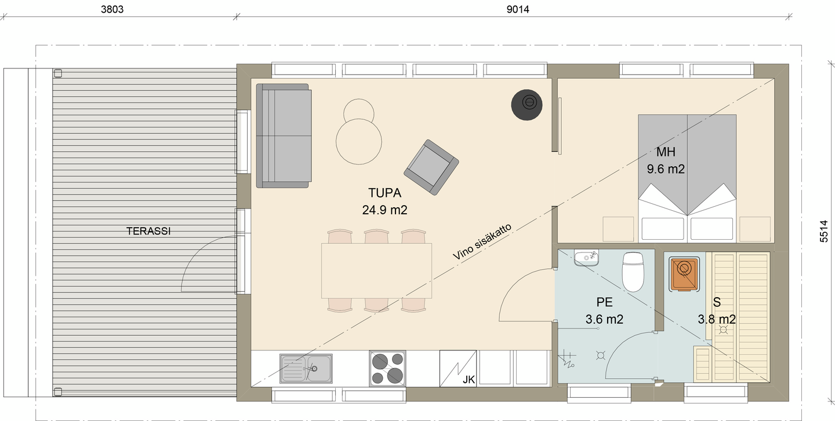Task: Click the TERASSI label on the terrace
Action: [x=148, y=231]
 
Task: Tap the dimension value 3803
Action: [x=112, y=9]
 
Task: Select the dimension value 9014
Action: [x=518, y=9]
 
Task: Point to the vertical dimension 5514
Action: [x=823, y=231]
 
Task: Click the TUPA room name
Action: [x=384, y=193]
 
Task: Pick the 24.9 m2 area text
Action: [x=384, y=210]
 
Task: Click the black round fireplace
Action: [x=527, y=105]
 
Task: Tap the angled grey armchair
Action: [x=431, y=167]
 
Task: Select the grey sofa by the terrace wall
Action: [x=284, y=136]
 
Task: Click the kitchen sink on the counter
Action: [x=306, y=368]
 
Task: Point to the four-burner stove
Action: [x=388, y=368]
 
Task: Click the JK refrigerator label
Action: [x=469, y=379]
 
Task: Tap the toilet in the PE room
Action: [x=633, y=272]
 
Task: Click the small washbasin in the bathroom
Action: [x=586, y=258]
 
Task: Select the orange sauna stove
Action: [x=684, y=274]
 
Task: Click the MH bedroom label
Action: [x=666, y=152]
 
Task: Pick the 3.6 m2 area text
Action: [x=604, y=320]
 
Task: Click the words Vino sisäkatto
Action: [x=482, y=241]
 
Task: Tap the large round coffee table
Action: [x=358, y=141]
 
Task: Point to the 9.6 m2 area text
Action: [x=666, y=169]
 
